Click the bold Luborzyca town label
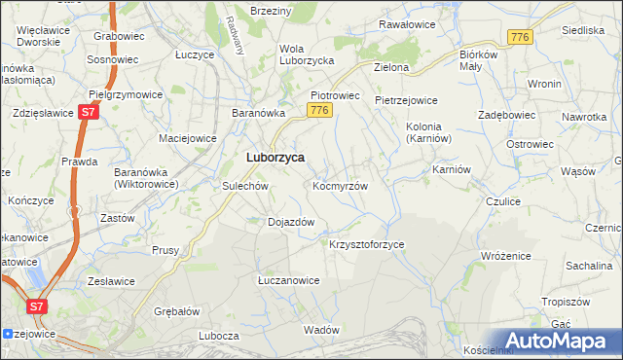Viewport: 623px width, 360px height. [275, 157]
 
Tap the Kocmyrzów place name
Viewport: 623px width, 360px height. [340, 185]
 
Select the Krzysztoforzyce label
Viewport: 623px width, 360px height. [367, 244]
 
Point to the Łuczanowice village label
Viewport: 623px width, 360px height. [288, 280]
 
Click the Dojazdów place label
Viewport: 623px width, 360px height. [290, 222]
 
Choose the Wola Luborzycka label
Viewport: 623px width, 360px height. [307, 54]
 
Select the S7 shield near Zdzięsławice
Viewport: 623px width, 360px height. [89, 113]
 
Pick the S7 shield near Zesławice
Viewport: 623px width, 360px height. [37, 306]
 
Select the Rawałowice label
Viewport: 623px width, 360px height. [407, 23]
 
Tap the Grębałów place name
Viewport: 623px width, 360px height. [177, 312]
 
